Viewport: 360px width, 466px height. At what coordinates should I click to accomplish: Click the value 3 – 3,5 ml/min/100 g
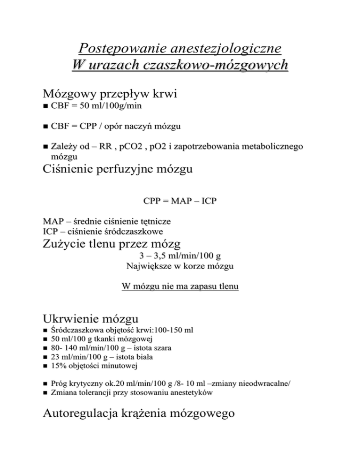(180, 256)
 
